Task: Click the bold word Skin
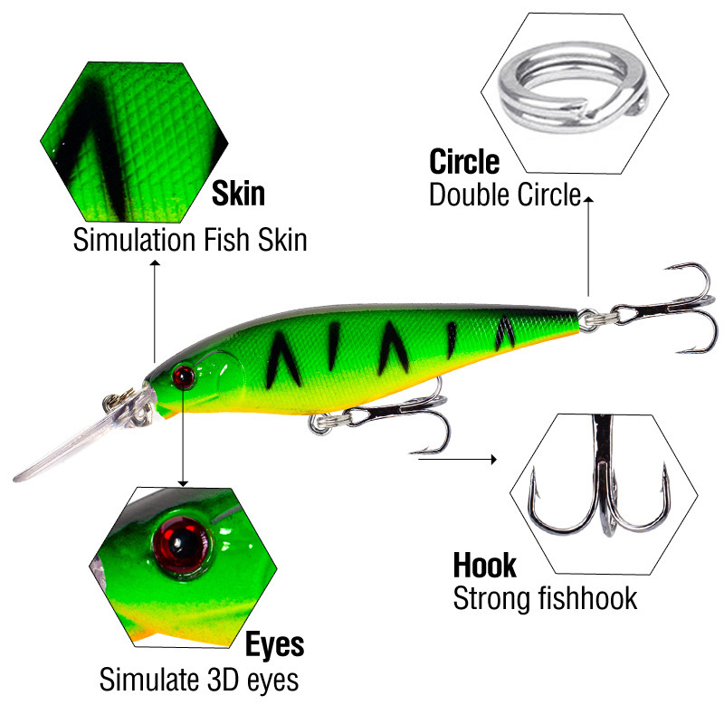(x=238, y=194)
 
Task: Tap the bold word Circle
(x=463, y=162)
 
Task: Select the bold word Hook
(x=484, y=566)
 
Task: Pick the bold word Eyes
(x=274, y=644)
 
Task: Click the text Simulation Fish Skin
(x=190, y=240)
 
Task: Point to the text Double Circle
(x=504, y=195)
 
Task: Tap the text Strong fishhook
(x=545, y=598)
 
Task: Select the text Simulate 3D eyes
(x=198, y=679)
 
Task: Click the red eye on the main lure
(x=183, y=375)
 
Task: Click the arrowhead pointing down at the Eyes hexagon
(x=183, y=481)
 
